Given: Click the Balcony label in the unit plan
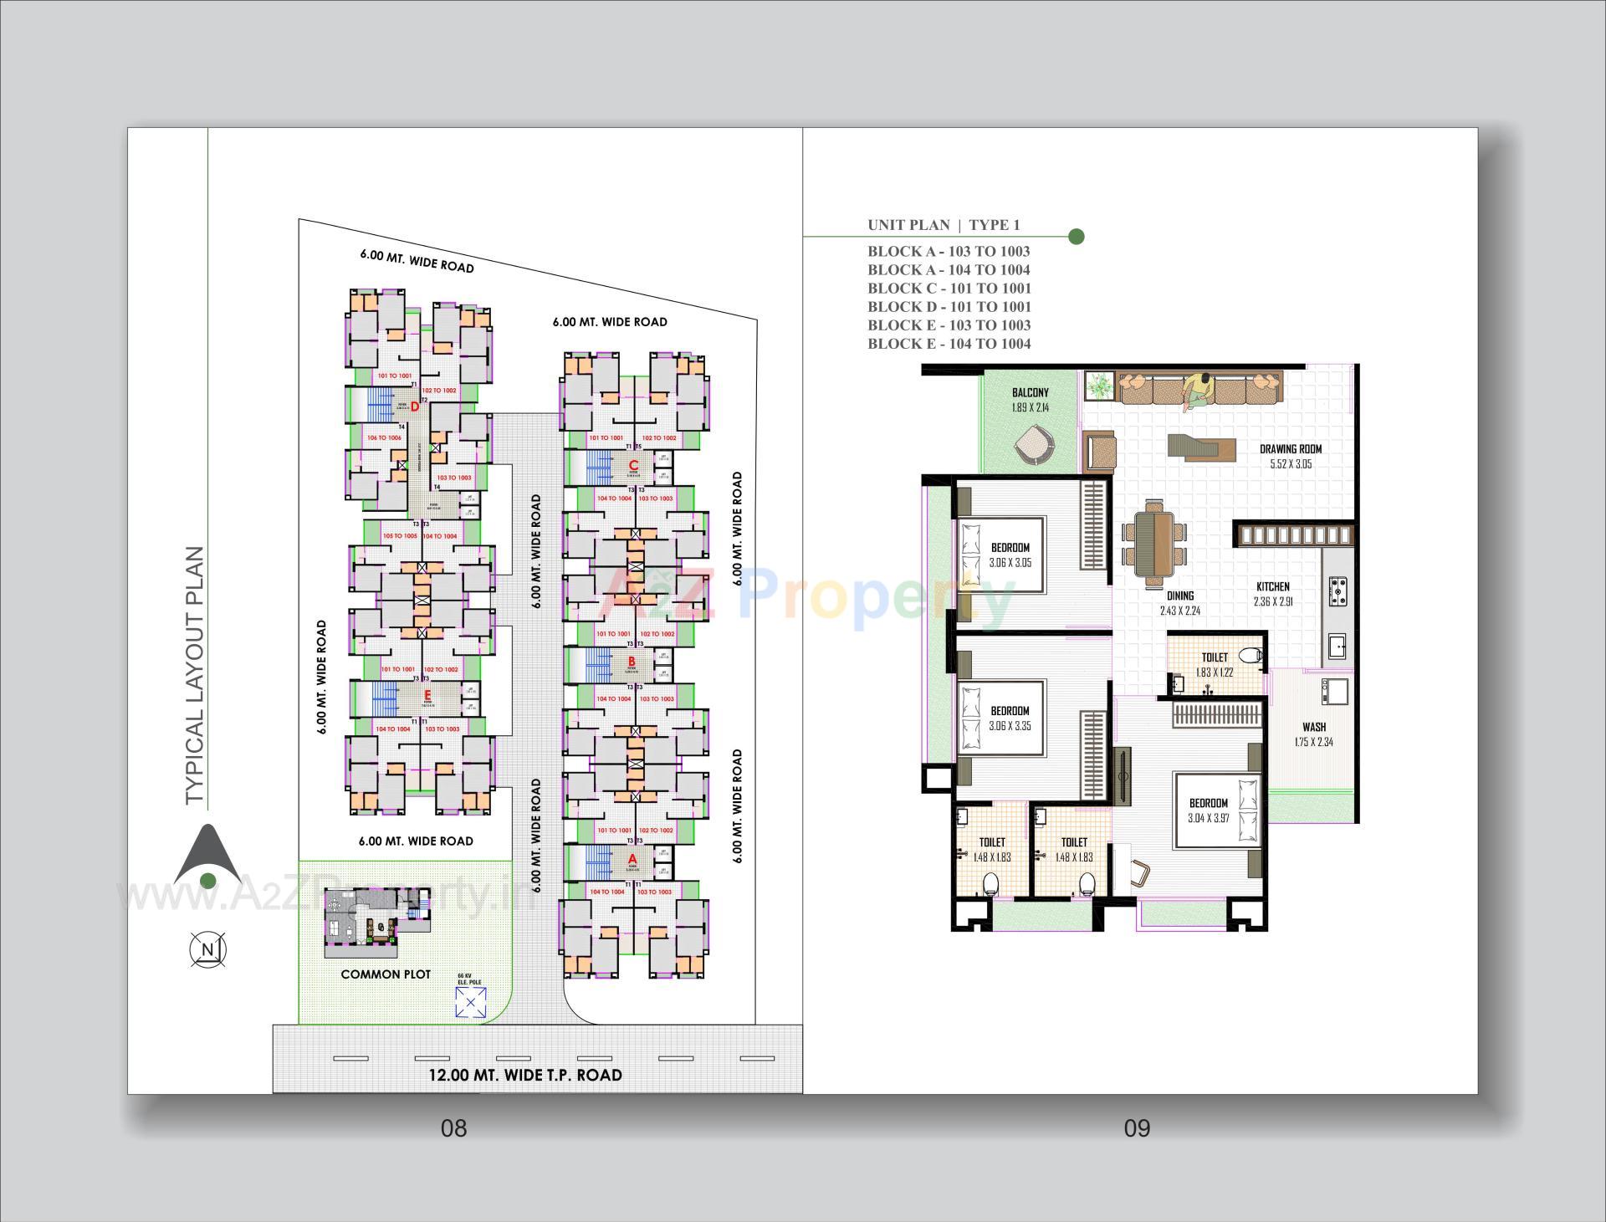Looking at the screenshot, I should point(1030,392).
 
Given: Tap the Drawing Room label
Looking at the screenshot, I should point(1291,449).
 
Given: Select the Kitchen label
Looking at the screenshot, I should point(1272,586).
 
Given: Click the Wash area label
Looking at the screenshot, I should point(1313,727).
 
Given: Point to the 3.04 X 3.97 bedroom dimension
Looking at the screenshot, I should point(1209,818).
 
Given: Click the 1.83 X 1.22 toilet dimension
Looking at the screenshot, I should point(1215,672).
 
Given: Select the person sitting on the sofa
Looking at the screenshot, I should point(1198,390).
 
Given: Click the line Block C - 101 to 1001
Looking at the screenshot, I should point(949,289).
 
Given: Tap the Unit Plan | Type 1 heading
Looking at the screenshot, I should point(944,224).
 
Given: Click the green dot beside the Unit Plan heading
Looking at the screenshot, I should point(1077,237).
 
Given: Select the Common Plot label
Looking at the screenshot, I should point(386,974).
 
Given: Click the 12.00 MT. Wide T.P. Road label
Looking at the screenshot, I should point(525,1075).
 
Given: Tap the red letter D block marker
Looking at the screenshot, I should point(413,407).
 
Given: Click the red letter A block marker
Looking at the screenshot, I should point(632,859).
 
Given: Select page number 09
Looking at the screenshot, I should point(1137,1128).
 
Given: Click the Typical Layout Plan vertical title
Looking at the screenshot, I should point(195,676).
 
